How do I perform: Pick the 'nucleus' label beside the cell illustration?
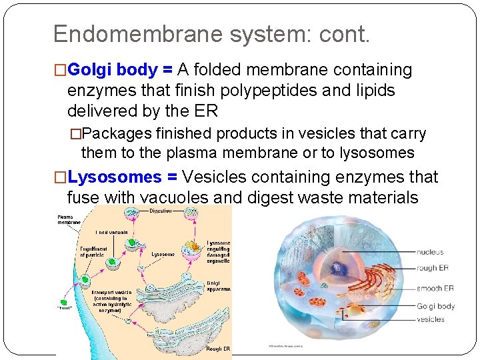click(x=430, y=252)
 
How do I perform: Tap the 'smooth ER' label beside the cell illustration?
click(x=435, y=289)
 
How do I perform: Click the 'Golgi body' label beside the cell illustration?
click(x=436, y=306)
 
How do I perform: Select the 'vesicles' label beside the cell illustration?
click(x=431, y=319)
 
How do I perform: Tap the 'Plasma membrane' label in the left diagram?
click(x=67, y=220)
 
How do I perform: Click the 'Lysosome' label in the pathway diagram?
click(x=163, y=254)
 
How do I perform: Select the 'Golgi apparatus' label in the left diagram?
click(x=218, y=286)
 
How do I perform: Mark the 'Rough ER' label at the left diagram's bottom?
click(x=218, y=349)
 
